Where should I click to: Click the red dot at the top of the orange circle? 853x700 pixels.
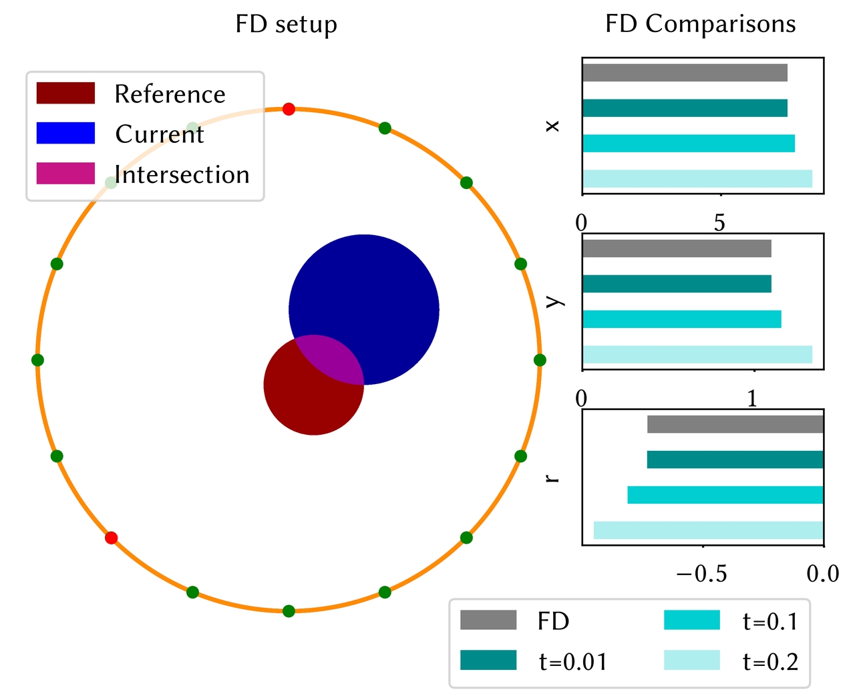pyautogui.click(x=289, y=109)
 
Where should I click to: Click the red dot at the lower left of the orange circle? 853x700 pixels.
pyautogui.click(x=112, y=538)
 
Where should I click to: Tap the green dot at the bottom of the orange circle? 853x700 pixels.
pyautogui.click(x=289, y=611)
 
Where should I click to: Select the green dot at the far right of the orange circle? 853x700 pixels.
pyautogui.click(x=540, y=360)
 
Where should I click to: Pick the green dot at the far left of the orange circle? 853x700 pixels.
pyautogui.click(x=38, y=360)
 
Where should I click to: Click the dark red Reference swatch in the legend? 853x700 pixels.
pyautogui.click(x=65, y=94)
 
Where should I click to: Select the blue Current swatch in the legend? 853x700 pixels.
pyautogui.click(x=65, y=134)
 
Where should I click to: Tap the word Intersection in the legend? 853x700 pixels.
pyautogui.click(x=182, y=174)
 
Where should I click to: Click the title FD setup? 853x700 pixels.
pyautogui.click(x=286, y=24)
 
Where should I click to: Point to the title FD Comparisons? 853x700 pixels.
pyautogui.click(x=700, y=24)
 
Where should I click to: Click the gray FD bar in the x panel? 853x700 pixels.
pyautogui.click(x=684, y=73)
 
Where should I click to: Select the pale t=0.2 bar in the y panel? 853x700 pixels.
pyautogui.click(x=697, y=354)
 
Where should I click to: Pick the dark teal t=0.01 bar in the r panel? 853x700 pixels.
pyautogui.click(x=735, y=460)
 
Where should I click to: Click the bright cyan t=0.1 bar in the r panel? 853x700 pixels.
pyautogui.click(x=725, y=495)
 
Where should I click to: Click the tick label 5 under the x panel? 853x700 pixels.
pyautogui.click(x=719, y=223)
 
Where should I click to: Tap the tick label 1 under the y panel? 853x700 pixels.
pyautogui.click(x=753, y=399)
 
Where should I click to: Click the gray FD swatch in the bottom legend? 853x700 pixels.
pyautogui.click(x=488, y=621)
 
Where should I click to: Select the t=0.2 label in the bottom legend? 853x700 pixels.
pyautogui.click(x=770, y=661)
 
